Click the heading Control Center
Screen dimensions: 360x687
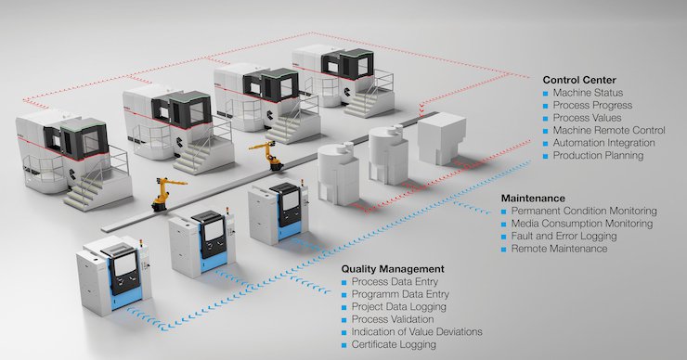pyautogui.click(x=578, y=80)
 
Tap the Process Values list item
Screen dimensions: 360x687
pyautogui.click(x=591, y=118)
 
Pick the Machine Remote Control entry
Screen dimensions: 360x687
pyautogui.click(x=608, y=131)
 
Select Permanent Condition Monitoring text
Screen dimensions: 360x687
pyautogui.click(x=583, y=212)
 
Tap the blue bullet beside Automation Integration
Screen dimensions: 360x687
pyautogui.click(x=545, y=144)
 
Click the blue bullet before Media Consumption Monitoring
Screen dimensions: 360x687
pyautogui.click(x=504, y=225)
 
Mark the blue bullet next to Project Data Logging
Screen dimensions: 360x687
pyautogui.click(x=344, y=307)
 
